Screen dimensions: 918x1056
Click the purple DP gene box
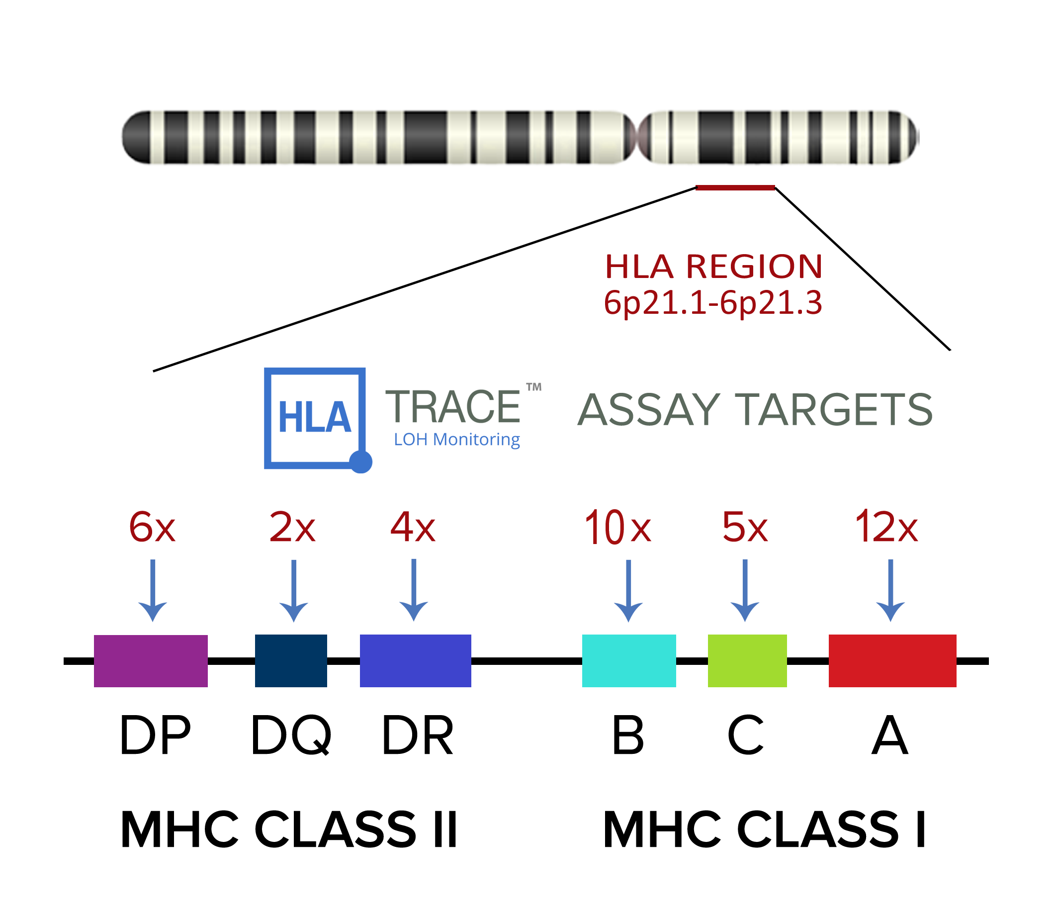tap(151, 661)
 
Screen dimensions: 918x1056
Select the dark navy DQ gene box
tap(291, 661)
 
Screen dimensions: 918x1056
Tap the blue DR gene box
tap(415, 661)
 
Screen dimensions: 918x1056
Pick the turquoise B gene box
tap(629, 661)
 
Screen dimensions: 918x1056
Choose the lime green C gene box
tap(747, 661)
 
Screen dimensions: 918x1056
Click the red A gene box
tap(892, 661)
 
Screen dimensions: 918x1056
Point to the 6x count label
tap(152, 527)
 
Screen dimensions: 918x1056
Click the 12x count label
tap(886, 527)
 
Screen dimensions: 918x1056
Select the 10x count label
tap(617, 527)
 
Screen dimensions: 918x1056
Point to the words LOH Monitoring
tap(457, 440)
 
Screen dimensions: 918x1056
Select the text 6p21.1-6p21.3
tap(713, 303)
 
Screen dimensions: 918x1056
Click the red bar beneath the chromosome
tap(735, 187)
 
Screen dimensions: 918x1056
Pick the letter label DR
tap(418, 736)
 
